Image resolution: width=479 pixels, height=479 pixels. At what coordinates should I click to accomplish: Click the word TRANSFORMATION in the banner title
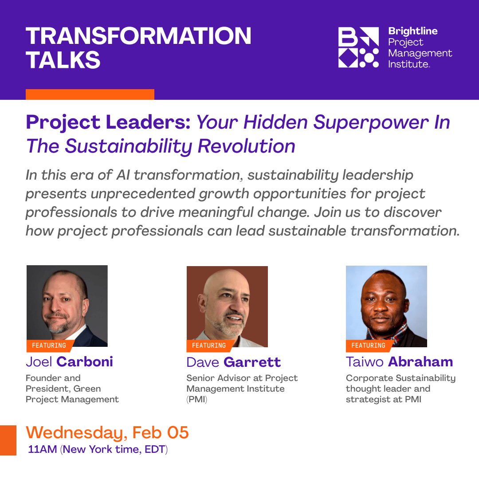click(x=138, y=36)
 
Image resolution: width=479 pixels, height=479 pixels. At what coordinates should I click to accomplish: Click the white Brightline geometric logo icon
click(x=358, y=47)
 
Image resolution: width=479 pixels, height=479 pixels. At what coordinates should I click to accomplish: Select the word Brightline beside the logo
click(x=412, y=31)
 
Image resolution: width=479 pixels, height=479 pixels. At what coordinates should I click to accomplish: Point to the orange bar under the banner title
click(x=90, y=94)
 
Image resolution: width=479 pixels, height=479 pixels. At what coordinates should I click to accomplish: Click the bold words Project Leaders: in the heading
click(x=108, y=122)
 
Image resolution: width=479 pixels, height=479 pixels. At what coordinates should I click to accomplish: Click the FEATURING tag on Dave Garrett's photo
click(x=209, y=346)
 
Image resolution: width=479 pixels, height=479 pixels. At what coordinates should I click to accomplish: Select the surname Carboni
click(x=85, y=362)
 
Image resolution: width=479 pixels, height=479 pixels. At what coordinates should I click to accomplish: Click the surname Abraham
click(x=420, y=362)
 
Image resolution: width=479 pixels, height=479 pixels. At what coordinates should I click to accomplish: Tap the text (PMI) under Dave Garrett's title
click(x=196, y=399)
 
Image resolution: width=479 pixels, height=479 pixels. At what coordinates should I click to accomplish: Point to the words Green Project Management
click(x=72, y=394)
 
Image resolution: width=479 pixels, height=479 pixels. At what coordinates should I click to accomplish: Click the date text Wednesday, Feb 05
click(x=107, y=432)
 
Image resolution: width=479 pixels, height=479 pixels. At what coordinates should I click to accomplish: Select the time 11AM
click(x=42, y=449)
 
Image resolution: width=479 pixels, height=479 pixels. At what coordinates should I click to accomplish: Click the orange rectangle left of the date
click(x=8, y=440)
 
